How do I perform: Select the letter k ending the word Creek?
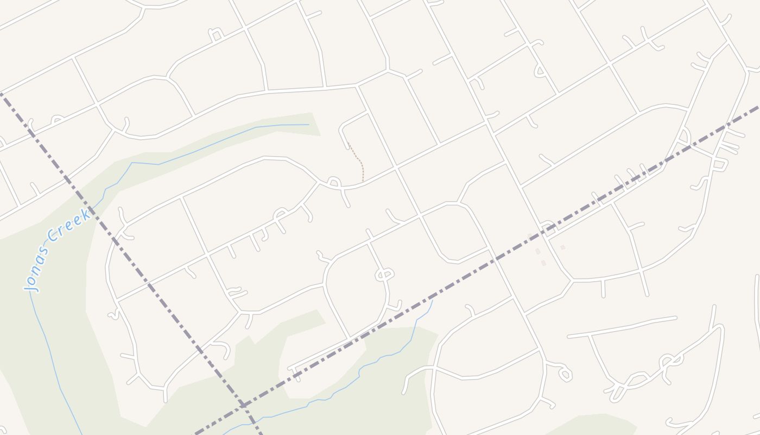pyautogui.click(x=86, y=211)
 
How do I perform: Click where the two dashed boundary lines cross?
pyautogui.click(x=244, y=405)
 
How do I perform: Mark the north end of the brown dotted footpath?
pyautogui.click(x=348, y=144)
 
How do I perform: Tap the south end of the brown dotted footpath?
pyautogui.click(x=363, y=181)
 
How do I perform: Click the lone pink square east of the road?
pyautogui.click(x=563, y=247)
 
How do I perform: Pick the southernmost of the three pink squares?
pyautogui.click(x=543, y=263)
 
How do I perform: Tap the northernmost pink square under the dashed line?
pyautogui.click(x=530, y=236)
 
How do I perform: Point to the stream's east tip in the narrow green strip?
pyautogui.click(x=308, y=125)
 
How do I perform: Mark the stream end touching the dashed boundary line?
pyautogui.click(x=432, y=300)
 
